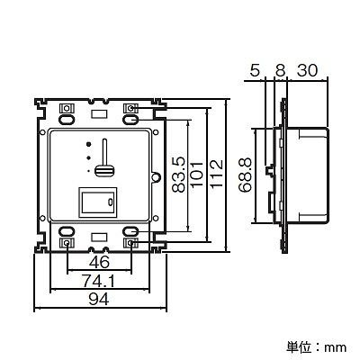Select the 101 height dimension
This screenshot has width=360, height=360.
197,175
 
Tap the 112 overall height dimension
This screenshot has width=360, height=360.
217,174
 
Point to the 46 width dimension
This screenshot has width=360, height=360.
100,263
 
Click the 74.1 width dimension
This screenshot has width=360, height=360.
99,282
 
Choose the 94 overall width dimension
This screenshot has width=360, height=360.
99,300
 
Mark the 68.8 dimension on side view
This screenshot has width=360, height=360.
245,175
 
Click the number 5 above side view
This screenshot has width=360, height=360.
255,71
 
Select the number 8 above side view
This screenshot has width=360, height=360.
280,71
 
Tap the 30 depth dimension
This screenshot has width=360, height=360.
307,71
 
